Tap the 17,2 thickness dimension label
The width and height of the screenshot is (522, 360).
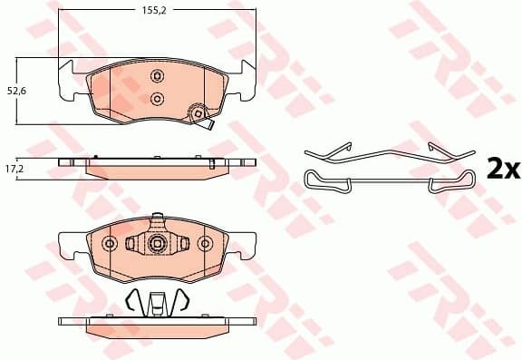point(14,169)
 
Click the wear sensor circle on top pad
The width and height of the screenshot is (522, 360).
point(195,114)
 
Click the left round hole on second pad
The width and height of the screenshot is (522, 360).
point(110,244)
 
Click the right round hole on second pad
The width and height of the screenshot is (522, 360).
point(205,244)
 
